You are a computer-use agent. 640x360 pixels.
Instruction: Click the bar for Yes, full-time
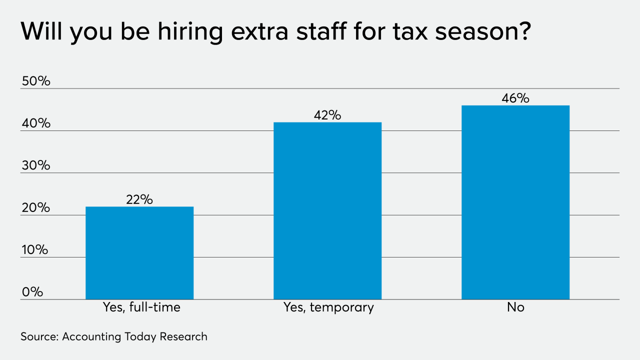[x=139, y=253]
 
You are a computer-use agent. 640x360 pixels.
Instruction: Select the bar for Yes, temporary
[x=327, y=210]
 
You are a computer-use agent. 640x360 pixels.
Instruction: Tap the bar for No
[x=515, y=202]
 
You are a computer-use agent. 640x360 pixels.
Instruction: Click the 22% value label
[x=139, y=199]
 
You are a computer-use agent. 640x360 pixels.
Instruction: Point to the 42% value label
[x=327, y=115]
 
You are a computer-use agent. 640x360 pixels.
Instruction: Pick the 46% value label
[x=515, y=98]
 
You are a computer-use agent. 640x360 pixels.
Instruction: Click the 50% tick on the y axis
[x=35, y=81]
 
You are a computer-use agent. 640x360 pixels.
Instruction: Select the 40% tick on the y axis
[x=35, y=123]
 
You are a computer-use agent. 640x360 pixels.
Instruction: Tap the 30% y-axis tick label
[x=35, y=165]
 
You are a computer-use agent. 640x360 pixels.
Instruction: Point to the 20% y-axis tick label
[x=35, y=208]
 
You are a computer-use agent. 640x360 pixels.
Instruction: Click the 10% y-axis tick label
[x=35, y=250]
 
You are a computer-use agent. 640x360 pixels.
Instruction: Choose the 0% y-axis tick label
[x=32, y=292]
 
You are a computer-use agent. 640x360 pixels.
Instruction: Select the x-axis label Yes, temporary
[x=328, y=307]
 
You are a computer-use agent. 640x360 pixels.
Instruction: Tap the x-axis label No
[x=515, y=307]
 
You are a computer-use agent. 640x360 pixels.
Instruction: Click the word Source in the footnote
[x=39, y=336]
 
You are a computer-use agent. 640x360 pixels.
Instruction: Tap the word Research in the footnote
[x=183, y=336]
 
